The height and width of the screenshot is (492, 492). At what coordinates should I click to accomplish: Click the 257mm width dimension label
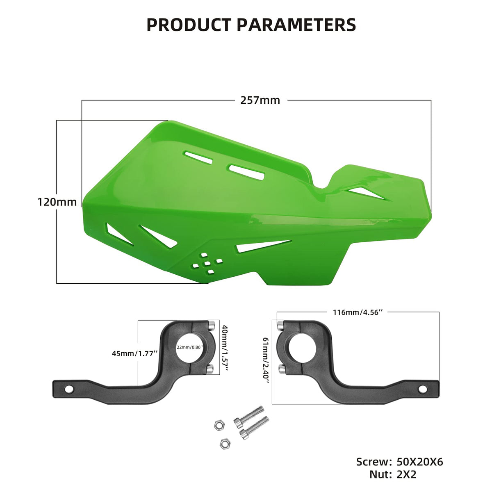[260, 100]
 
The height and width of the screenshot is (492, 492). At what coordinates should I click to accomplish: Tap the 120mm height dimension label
[57, 202]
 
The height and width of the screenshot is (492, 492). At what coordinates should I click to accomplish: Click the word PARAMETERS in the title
[296, 25]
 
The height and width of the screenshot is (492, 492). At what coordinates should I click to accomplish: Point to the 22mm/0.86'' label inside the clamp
[190, 347]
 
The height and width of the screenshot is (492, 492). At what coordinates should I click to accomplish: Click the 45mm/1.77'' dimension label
[134, 353]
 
